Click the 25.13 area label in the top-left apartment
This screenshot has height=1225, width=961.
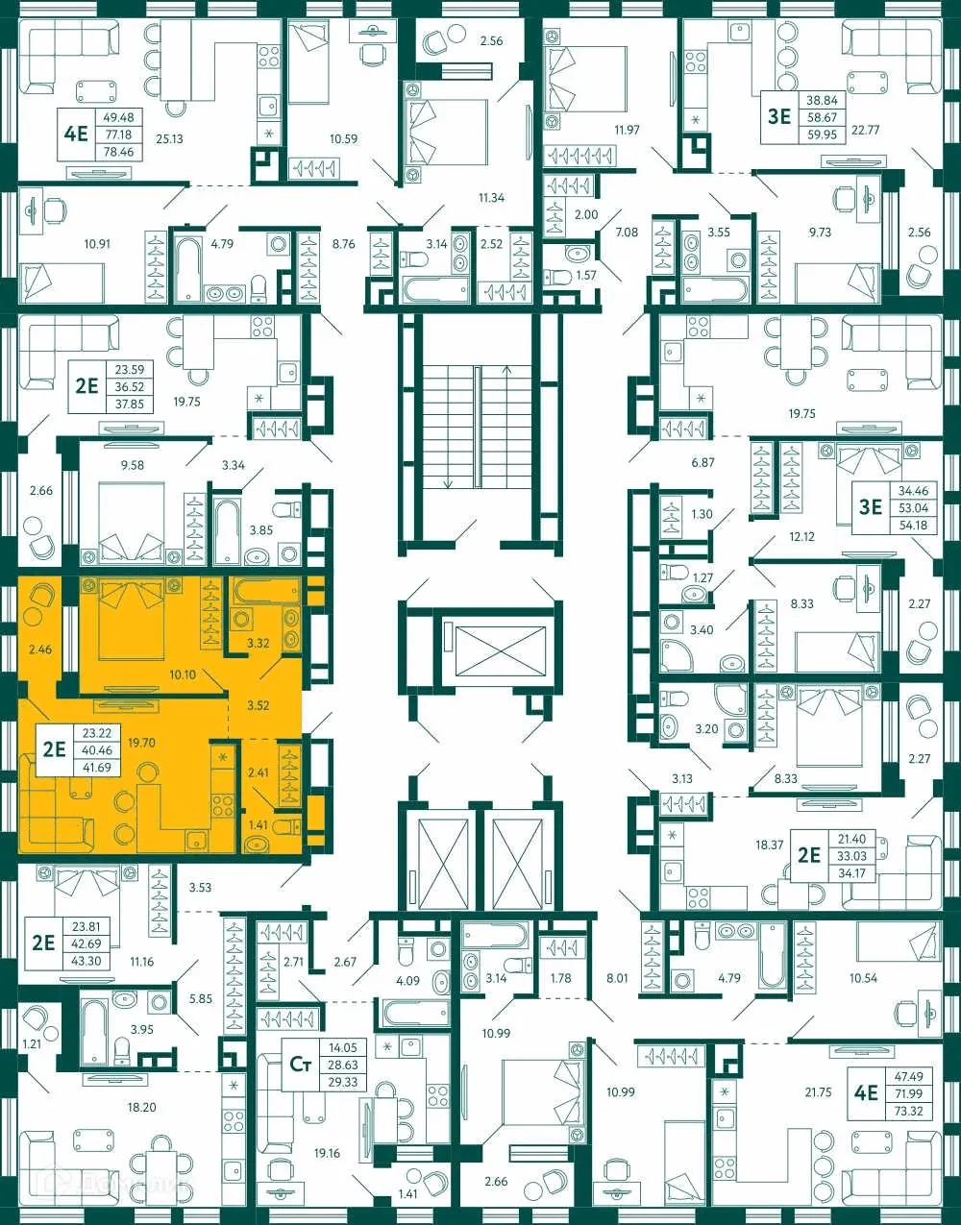tap(169, 138)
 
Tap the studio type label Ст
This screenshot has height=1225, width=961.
tap(300, 1064)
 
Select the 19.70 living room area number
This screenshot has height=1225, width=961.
tap(141, 742)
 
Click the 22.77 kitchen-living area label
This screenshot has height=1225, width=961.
tap(866, 130)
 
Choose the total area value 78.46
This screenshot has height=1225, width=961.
tap(119, 152)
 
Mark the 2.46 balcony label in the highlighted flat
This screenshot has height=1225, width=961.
tap(39, 649)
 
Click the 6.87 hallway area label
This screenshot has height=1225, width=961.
tap(703, 462)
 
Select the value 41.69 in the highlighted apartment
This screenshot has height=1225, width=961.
tap(96, 768)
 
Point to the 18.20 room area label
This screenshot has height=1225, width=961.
tap(141, 1107)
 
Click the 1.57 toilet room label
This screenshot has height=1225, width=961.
tap(585, 276)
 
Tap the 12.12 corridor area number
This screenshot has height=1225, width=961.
tap(801, 536)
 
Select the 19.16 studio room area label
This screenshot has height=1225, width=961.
tap(327, 1153)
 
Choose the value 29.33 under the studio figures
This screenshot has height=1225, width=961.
tap(342, 1082)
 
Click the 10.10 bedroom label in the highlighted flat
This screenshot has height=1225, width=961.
tap(183, 674)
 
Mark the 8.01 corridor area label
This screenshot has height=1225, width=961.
tap(617, 978)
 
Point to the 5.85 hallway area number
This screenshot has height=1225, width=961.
tap(200, 999)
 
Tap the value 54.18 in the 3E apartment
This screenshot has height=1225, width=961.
tap(913, 525)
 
